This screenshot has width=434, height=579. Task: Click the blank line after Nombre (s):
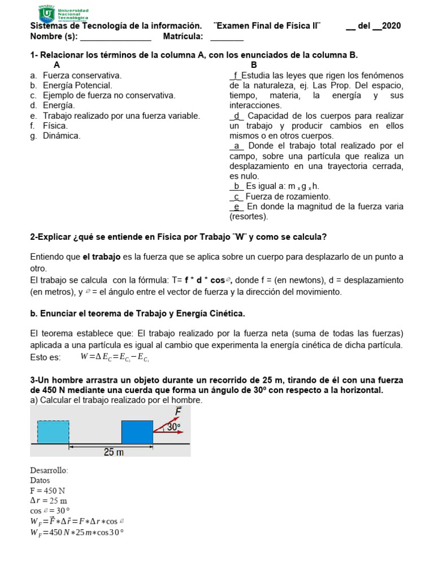click(116, 37)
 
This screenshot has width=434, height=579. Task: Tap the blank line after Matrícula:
click(227, 37)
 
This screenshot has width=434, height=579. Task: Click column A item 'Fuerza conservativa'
click(82, 75)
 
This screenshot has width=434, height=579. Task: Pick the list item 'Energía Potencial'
click(77, 85)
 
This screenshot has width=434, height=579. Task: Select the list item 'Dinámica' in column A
click(62, 136)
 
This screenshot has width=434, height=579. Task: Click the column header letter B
click(254, 65)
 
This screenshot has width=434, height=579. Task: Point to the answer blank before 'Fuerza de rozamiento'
click(236, 196)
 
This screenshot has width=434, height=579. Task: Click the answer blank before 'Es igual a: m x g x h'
click(236, 186)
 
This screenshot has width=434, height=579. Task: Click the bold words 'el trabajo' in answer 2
click(102, 257)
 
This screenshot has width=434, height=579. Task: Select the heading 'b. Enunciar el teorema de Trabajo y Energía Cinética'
click(137, 313)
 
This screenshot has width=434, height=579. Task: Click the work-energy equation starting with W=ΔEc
click(115, 357)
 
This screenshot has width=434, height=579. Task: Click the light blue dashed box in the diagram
click(53, 432)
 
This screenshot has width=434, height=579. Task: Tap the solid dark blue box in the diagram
click(137, 432)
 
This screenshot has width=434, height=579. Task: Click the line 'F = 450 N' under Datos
click(48, 491)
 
